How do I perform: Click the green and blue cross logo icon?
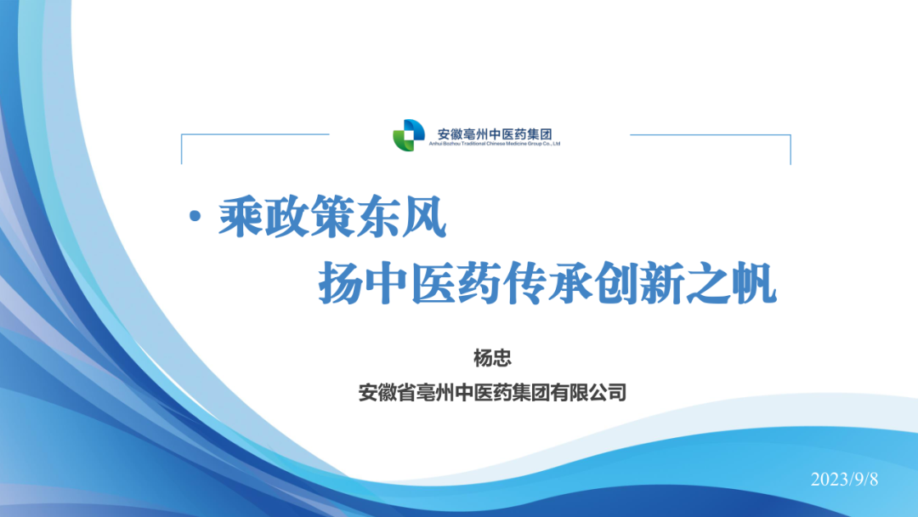(x=409, y=135)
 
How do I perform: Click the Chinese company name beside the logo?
(x=495, y=134)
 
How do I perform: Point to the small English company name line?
(x=495, y=144)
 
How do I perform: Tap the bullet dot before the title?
(x=195, y=217)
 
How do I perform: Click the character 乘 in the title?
(x=241, y=217)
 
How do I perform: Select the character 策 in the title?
(x=332, y=217)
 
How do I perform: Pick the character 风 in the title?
(x=423, y=217)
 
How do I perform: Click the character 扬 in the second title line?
(x=341, y=283)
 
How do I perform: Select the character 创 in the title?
(x=616, y=283)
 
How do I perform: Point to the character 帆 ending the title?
(x=754, y=283)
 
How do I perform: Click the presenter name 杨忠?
(x=492, y=358)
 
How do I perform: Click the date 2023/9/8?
(x=844, y=480)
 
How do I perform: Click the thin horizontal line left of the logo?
(x=255, y=134)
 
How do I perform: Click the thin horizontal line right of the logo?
(x=710, y=134)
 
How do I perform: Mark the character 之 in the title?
(x=708, y=283)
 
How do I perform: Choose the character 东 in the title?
(x=377, y=217)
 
